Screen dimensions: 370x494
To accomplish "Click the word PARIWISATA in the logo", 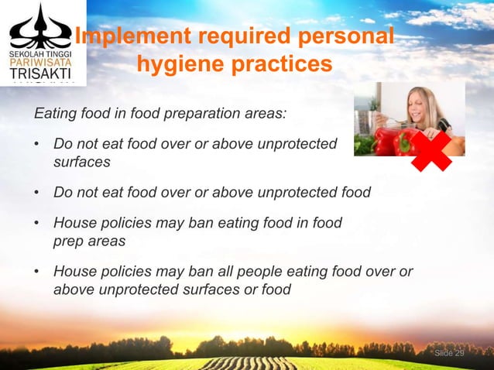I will (43, 57).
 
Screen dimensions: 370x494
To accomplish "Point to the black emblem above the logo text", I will (43, 28).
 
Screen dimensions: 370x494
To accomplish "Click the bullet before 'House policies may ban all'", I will (37, 272).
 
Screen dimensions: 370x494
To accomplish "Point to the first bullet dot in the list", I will (37, 145).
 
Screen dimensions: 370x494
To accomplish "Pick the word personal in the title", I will (343, 36).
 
